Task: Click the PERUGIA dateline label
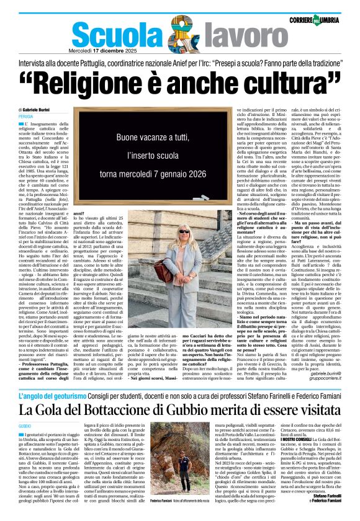26,116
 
